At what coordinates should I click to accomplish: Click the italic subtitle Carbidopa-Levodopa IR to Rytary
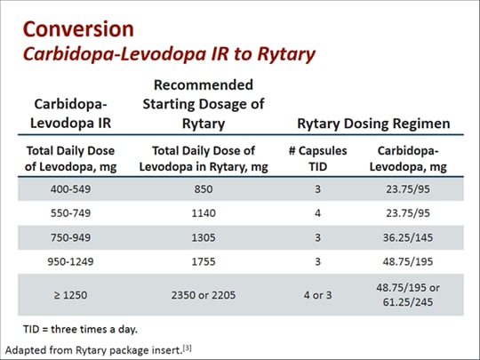[169, 54]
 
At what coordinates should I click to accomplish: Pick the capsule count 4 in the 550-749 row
[318, 213]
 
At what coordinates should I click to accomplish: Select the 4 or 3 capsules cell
[318, 293]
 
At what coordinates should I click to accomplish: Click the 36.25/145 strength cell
[407, 237]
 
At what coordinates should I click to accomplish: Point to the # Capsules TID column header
[318, 156]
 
